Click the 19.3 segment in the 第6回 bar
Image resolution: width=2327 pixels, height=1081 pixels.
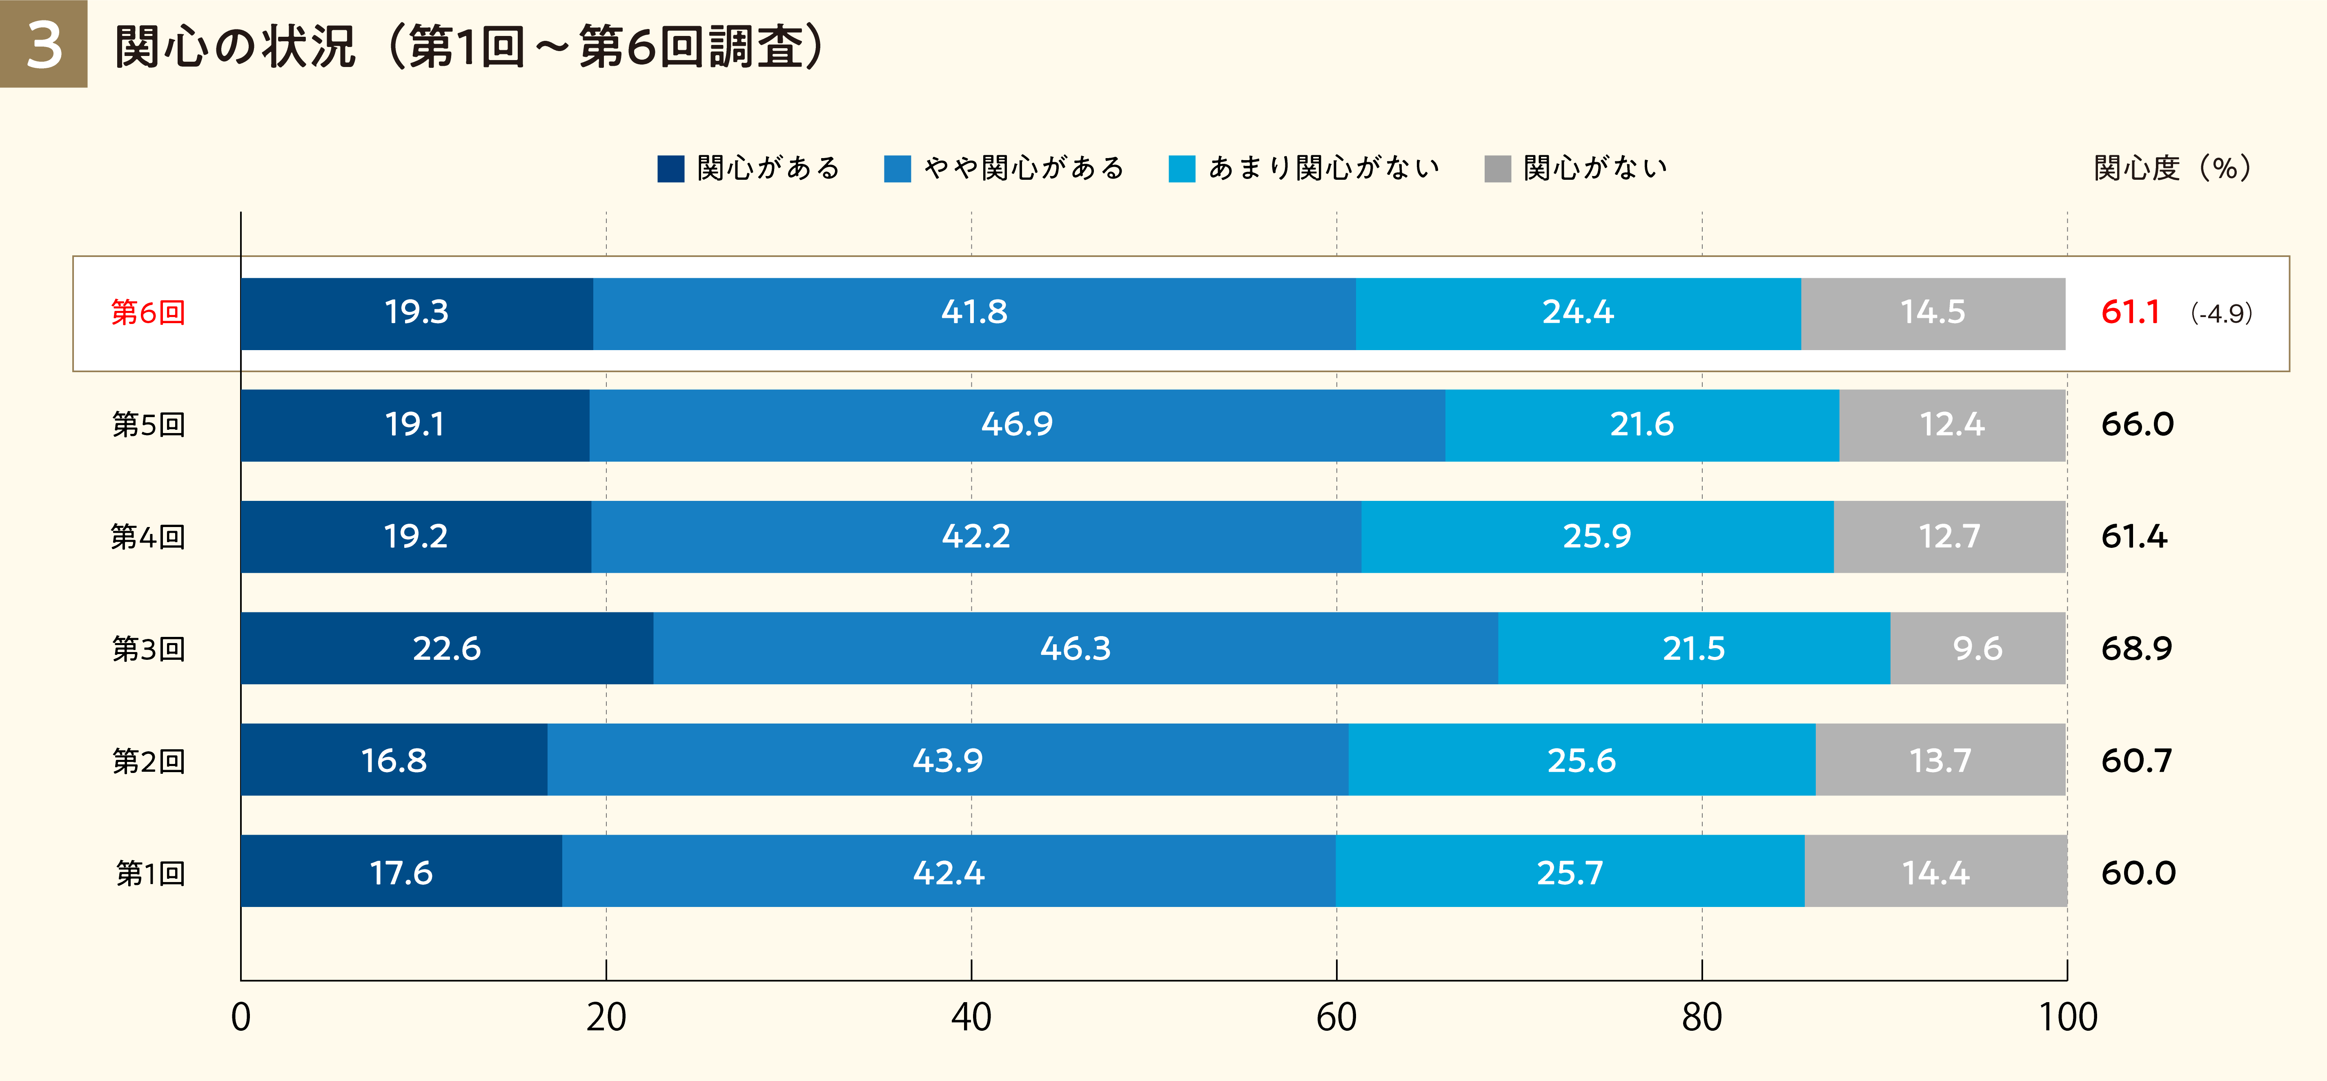pos(416,313)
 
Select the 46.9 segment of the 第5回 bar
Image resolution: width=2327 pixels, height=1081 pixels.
pos(1017,425)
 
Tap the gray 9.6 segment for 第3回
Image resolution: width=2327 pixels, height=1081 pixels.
pos(1977,649)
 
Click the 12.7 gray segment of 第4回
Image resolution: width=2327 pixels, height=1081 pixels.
pos(1949,537)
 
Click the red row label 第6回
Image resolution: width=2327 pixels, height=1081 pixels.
pos(148,313)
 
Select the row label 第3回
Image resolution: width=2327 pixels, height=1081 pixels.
pos(148,649)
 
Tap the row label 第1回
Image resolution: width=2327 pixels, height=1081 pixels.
pos(150,873)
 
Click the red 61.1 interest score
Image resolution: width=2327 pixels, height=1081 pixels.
pos(2130,313)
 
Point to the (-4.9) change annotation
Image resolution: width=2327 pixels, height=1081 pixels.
pos(2221,314)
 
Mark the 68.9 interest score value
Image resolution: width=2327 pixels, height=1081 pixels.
pos(2136,649)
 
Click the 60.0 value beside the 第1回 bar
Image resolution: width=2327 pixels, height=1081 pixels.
pos(2138,873)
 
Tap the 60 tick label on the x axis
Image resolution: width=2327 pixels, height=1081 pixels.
pos(1336,1018)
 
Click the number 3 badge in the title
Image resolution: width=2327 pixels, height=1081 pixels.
pos(43,44)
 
